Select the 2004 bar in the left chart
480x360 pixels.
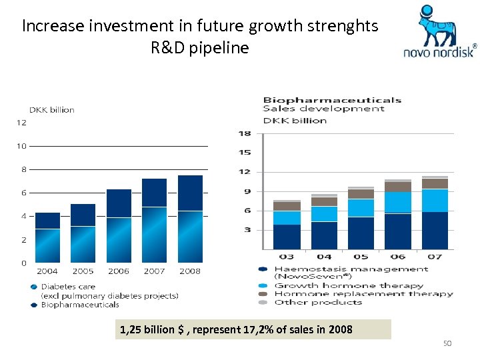pos(47,237)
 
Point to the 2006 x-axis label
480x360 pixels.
pos(119,271)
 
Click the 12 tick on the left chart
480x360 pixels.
pos(21,122)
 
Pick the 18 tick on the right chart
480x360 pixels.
pos(245,133)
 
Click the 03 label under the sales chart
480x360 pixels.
pos(286,257)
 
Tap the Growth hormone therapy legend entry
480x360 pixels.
pos(350,285)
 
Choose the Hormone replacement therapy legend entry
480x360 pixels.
pos(363,293)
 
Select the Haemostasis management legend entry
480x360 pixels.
pos(351,269)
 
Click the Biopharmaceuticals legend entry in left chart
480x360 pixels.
pos(80,305)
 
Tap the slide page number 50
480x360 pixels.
pos(447,343)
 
